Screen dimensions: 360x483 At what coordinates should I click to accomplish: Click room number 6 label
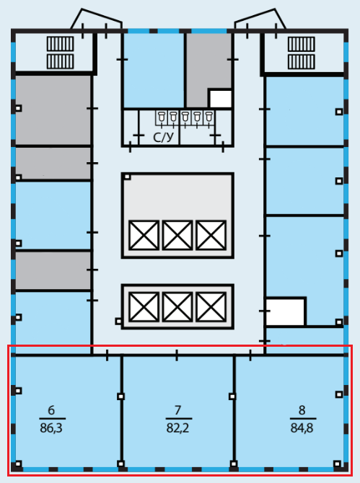(51, 410)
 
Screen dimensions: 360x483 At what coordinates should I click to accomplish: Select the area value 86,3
(51, 428)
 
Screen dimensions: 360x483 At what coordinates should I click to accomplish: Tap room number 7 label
(177, 410)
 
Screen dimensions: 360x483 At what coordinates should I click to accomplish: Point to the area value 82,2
(177, 428)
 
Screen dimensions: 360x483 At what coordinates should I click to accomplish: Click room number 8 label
(302, 410)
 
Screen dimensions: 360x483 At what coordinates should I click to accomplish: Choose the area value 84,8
(302, 428)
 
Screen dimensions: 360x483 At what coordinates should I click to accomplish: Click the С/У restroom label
(163, 138)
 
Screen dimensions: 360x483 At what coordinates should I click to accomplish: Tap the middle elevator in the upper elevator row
(177, 235)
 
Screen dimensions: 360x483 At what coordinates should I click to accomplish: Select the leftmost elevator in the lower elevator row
(144, 307)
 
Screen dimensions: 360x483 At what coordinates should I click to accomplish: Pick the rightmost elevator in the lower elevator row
(211, 307)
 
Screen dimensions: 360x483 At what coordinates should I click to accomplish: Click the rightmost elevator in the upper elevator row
(211, 235)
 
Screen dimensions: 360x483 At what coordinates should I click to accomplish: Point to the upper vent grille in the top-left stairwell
(61, 44)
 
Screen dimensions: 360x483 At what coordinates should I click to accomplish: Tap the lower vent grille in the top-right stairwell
(302, 61)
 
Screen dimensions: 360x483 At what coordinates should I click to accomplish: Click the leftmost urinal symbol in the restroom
(162, 118)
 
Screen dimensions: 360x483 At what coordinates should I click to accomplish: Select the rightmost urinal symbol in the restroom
(209, 118)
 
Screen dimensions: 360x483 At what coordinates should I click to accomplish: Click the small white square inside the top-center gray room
(220, 99)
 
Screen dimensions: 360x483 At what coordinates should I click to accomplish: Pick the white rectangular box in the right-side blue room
(286, 311)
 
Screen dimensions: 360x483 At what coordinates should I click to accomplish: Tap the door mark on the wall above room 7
(177, 355)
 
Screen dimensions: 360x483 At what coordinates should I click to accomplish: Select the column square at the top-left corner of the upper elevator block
(127, 177)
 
